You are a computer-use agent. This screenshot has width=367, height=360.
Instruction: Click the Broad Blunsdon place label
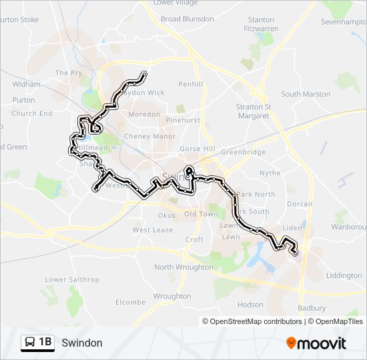[188, 19]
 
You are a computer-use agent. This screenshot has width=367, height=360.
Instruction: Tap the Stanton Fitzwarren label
[261, 25]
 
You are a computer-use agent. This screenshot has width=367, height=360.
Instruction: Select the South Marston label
[305, 94]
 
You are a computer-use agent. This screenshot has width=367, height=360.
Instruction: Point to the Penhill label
[190, 84]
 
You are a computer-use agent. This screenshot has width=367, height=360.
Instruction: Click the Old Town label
[201, 214]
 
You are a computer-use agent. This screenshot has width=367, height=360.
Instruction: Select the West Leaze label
[152, 230]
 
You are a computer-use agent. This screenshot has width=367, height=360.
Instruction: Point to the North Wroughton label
[183, 267]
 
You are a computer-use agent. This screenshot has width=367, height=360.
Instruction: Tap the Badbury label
[312, 308]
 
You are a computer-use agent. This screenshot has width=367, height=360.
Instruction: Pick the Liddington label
[344, 275]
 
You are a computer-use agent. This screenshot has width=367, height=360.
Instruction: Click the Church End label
[32, 113]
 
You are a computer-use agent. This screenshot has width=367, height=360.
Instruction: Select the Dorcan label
[300, 204]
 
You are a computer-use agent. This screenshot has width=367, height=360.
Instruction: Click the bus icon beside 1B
[31, 343]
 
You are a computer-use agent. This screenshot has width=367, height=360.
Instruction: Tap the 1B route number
[45, 343]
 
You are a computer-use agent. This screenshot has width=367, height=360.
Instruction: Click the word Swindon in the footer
[81, 343]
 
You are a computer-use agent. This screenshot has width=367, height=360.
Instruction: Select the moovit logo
[316, 343]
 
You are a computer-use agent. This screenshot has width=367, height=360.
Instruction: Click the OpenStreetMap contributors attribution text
[256, 321]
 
